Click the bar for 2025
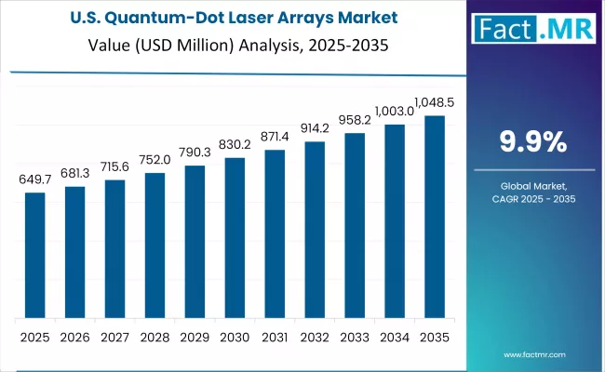pyautogui.click(x=34, y=254)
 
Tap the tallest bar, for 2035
pyautogui.click(x=435, y=216)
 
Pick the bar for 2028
pyautogui.click(x=155, y=245)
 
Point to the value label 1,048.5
pyautogui.click(x=435, y=100)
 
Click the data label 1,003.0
pyautogui.click(x=395, y=110)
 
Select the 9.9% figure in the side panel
pyautogui.click(x=532, y=142)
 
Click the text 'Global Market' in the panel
pyautogui.click(x=532, y=186)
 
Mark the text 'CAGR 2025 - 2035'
pyautogui.click(x=532, y=200)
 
